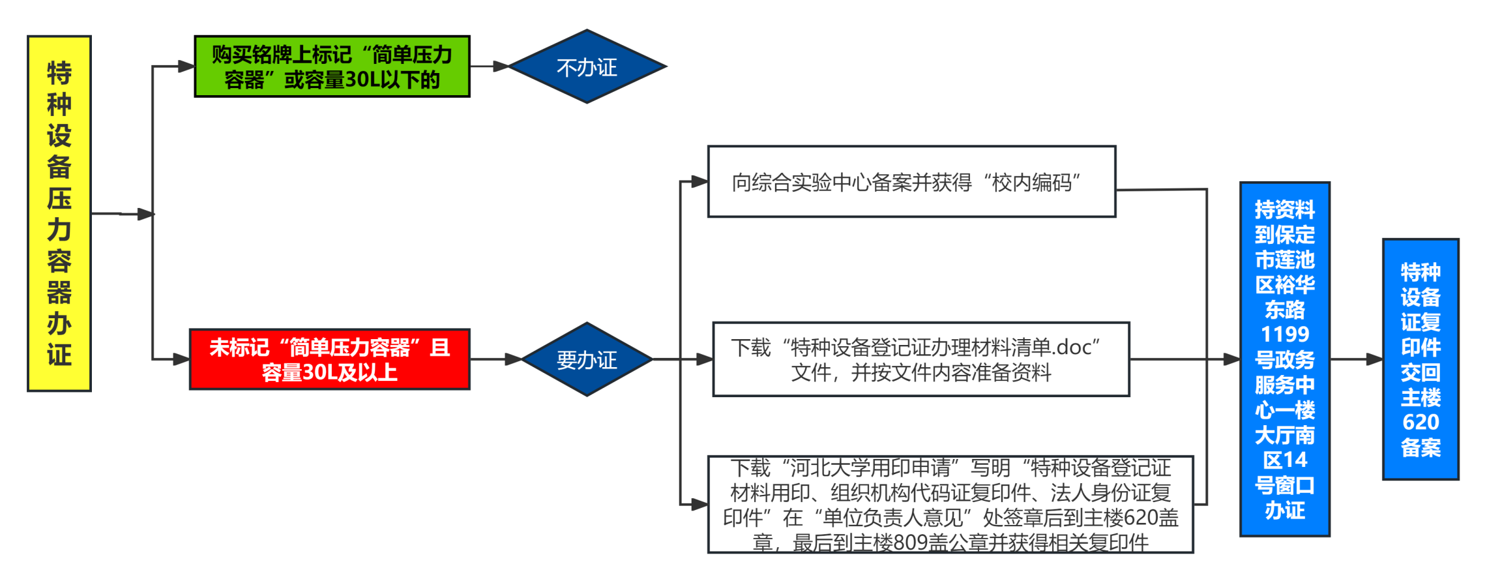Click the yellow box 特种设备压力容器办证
pyautogui.click(x=59, y=213)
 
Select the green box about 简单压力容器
pyautogui.click(x=332, y=67)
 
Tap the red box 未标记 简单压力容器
pyautogui.click(x=329, y=359)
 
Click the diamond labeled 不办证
pyautogui.click(x=587, y=67)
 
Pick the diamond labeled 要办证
pyautogui.click(x=587, y=359)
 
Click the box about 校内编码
pyautogui.click(x=911, y=182)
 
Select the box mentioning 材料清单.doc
pyautogui.click(x=920, y=359)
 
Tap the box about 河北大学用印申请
pyautogui.click(x=950, y=505)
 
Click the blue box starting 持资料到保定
pyautogui.click(x=1284, y=359)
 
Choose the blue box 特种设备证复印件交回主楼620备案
pyautogui.click(x=1421, y=359)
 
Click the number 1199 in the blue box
pyautogui.click(x=1284, y=335)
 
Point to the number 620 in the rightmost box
pyautogui.click(x=1421, y=423)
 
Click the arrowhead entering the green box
pyautogui.click(x=186, y=67)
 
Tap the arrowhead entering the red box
pyautogui.click(x=182, y=359)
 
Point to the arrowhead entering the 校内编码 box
pyautogui.click(x=699, y=182)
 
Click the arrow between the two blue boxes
pyautogui.click(x=1357, y=359)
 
